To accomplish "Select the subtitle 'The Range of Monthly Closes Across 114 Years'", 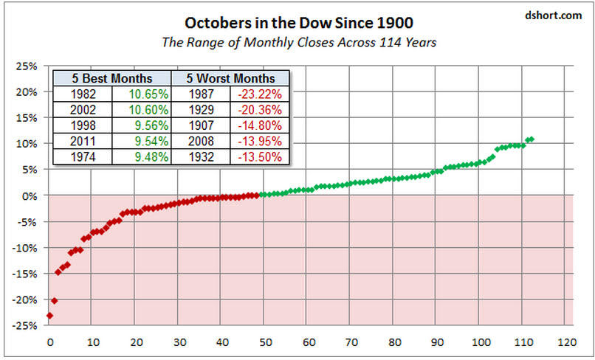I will click(x=299, y=42).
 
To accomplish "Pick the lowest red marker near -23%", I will click(x=49, y=316).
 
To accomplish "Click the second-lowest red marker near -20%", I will click(x=54, y=301).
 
